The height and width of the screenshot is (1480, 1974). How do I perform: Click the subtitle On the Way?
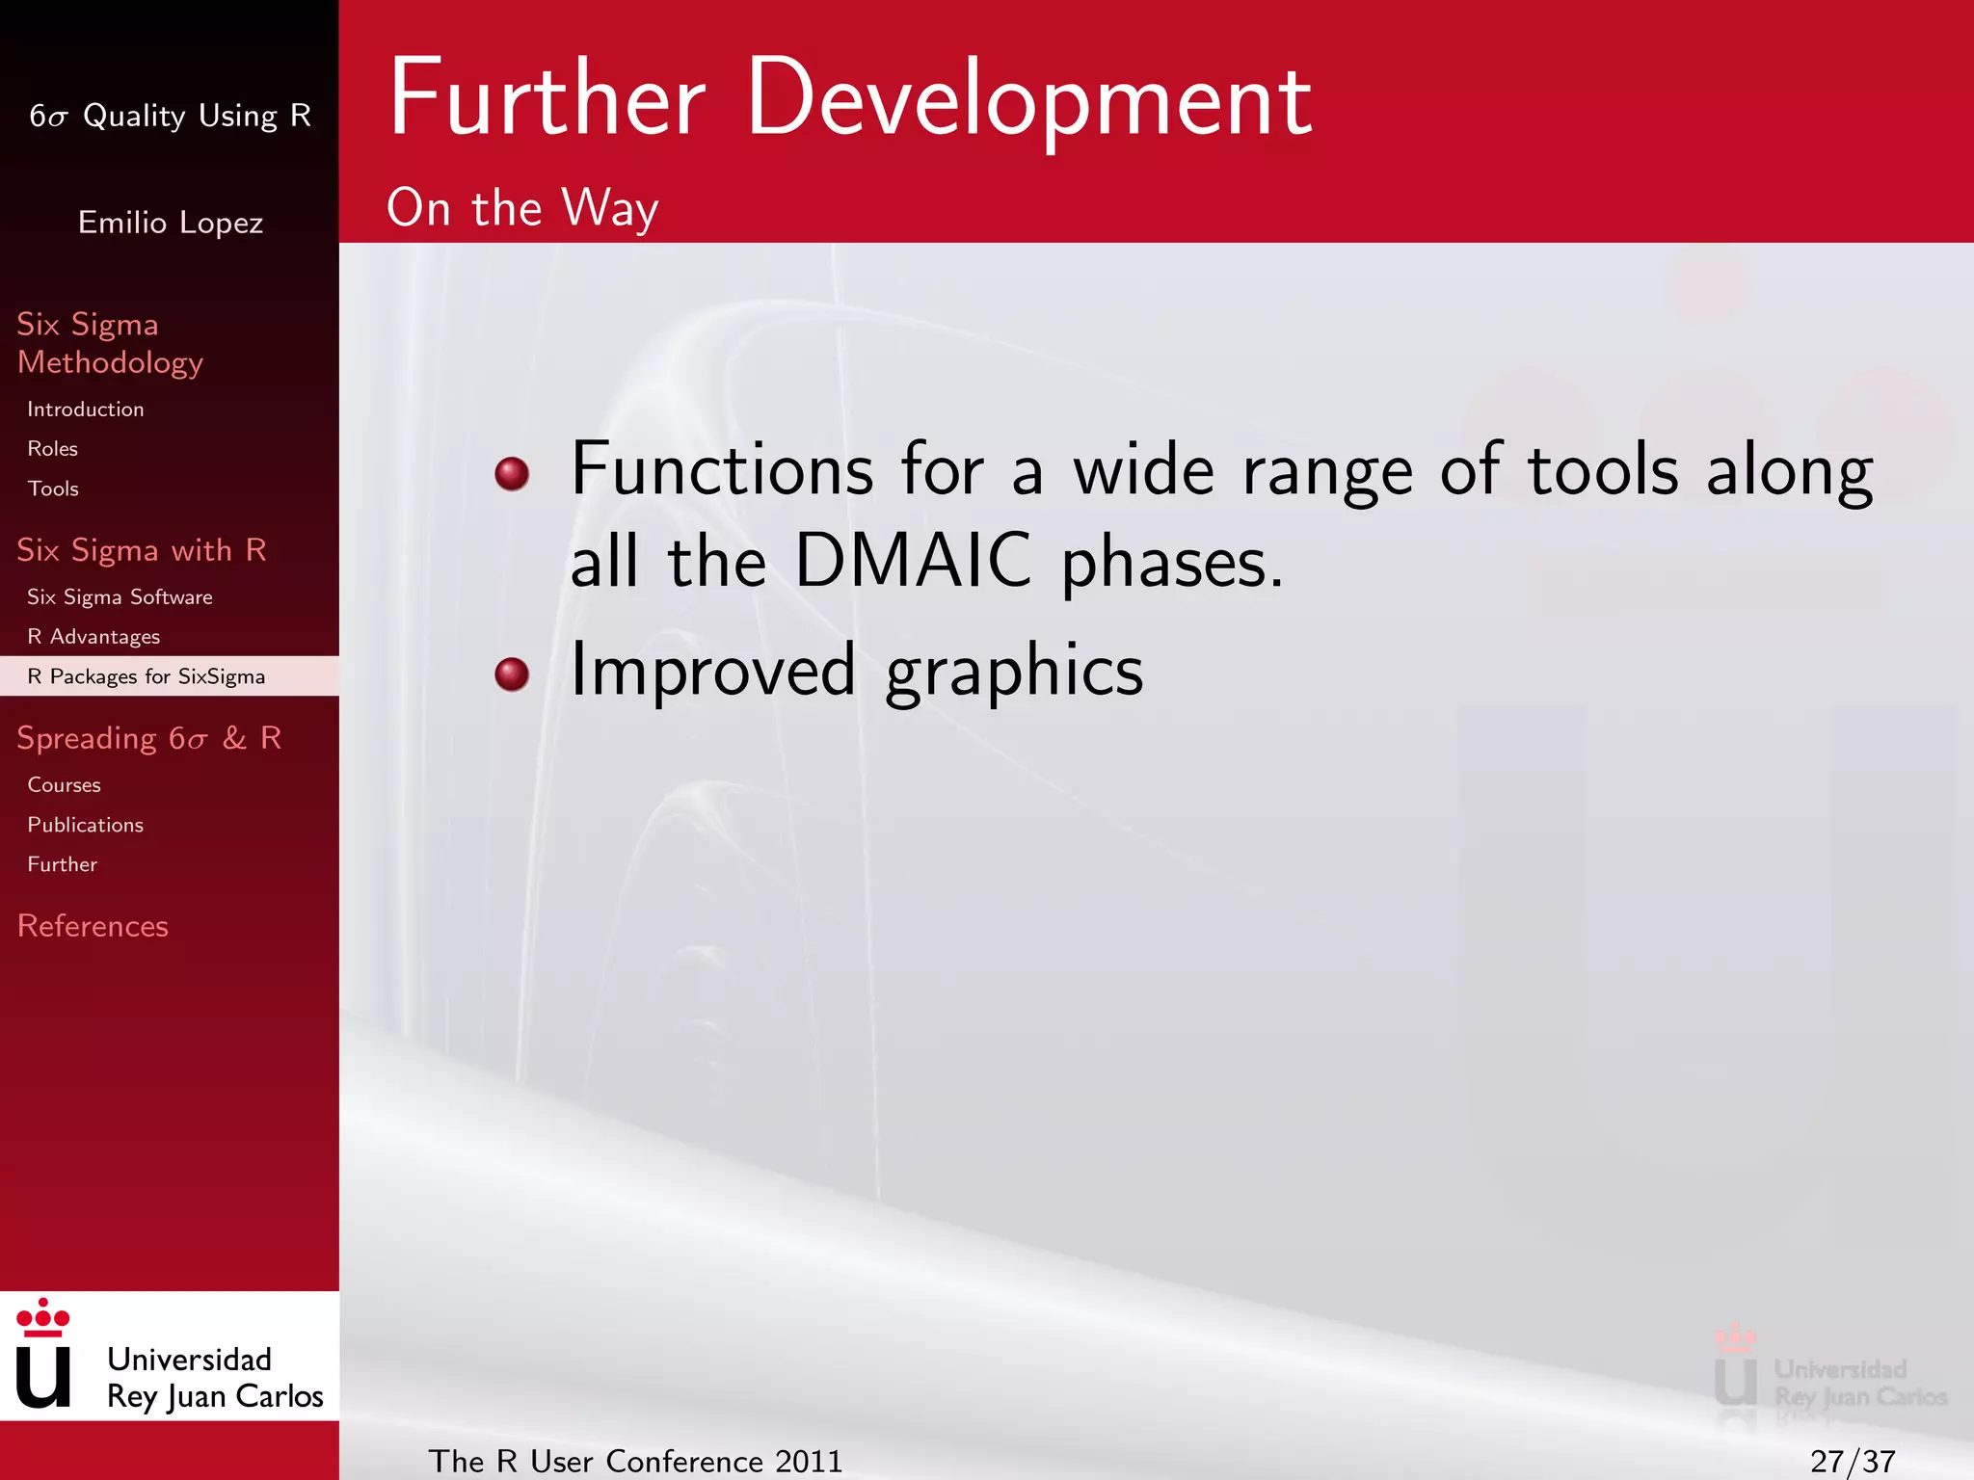pyautogui.click(x=522, y=208)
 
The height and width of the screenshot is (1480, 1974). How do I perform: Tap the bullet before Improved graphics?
pyautogui.click(x=512, y=674)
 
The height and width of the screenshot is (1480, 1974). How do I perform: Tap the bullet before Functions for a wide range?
pyautogui.click(x=512, y=473)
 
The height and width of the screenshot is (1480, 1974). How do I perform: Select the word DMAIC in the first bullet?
pyautogui.click(x=913, y=561)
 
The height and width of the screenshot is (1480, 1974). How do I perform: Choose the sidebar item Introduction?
pyautogui.click(x=86, y=410)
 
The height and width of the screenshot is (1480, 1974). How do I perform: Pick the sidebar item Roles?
pyautogui.click(x=53, y=449)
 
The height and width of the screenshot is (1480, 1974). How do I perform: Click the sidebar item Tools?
pyautogui.click(x=53, y=489)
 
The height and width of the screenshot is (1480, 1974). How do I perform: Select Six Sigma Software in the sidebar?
pyautogui.click(x=120, y=597)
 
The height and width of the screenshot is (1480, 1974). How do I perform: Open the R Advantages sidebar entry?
pyautogui.click(x=93, y=637)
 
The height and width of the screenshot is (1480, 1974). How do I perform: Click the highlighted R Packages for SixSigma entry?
pyautogui.click(x=146, y=676)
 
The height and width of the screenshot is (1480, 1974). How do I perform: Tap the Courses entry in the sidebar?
pyautogui.click(x=64, y=785)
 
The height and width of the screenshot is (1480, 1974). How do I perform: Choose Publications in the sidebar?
pyautogui.click(x=86, y=825)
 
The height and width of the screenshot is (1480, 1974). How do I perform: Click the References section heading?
pyautogui.click(x=93, y=926)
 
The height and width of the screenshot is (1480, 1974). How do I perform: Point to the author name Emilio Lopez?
pyautogui.click(x=171, y=223)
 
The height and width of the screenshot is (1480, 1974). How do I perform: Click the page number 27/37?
pyautogui.click(x=1852, y=1461)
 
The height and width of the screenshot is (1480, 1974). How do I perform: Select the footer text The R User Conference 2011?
pyautogui.click(x=635, y=1461)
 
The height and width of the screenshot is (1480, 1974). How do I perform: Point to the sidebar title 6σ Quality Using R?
pyautogui.click(x=170, y=116)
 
